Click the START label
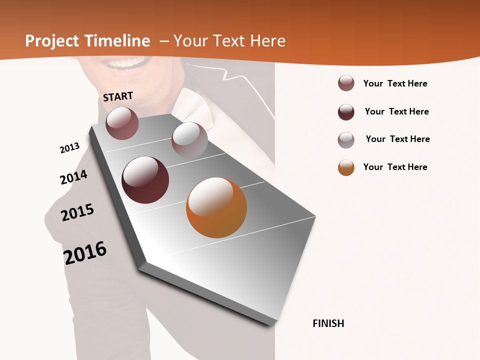point(118,96)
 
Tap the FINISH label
point(328,323)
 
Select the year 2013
point(69,148)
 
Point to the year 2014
point(73,177)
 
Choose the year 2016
point(85,253)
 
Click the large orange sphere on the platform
point(216,207)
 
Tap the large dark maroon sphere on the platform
point(145,180)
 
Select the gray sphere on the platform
point(189,140)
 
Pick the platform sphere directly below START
point(122,123)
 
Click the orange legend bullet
point(346,167)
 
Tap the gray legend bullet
point(346,140)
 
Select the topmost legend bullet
point(346,83)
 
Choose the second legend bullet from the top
point(346,112)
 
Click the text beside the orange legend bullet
point(395,167)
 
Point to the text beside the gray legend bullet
point(397,139)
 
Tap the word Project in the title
point(52,41)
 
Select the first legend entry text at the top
point(395,83)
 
